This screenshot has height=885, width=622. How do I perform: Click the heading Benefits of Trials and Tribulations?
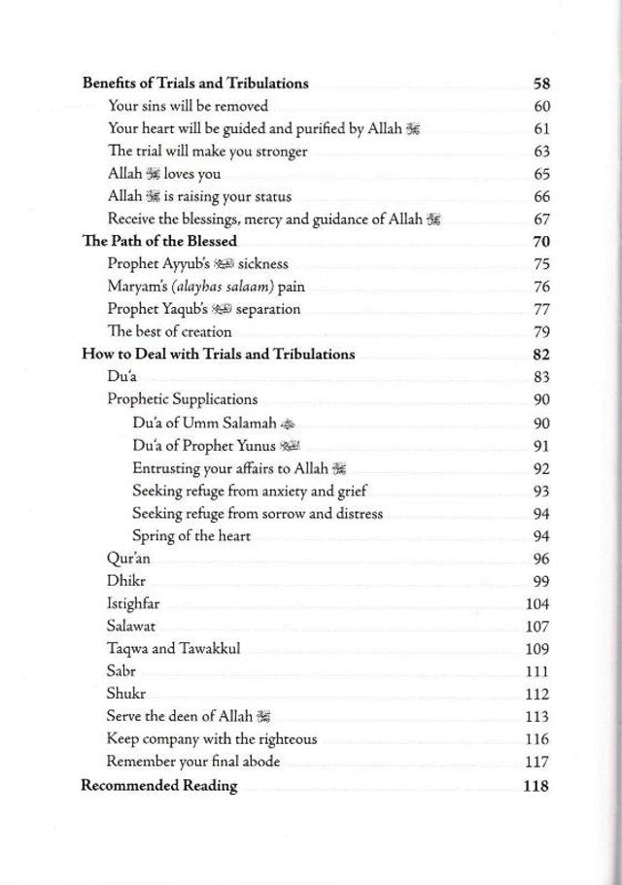click(194, 83)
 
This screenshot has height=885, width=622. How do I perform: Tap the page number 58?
click(541, 83)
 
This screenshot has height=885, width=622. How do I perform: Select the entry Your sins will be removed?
click(188, 106)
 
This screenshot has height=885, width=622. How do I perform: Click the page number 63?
click(542, 152)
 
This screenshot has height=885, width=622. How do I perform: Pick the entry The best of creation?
click(169, 331)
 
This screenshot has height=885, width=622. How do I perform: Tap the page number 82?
click(541, 355)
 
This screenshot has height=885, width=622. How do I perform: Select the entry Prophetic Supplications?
click(182, 399)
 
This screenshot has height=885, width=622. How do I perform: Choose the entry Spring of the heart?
click(191, 535)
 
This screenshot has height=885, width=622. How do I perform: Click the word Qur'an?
click(128, 559)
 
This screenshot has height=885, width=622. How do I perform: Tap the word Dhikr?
click(125, 581)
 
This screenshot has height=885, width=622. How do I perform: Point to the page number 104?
click(537, 604)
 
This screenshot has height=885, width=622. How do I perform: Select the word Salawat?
click(132, 627)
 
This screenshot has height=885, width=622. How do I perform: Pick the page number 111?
click(537, 672)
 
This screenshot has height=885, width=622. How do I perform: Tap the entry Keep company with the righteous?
click(212, 739)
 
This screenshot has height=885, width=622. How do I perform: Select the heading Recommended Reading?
click(158, 786)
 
